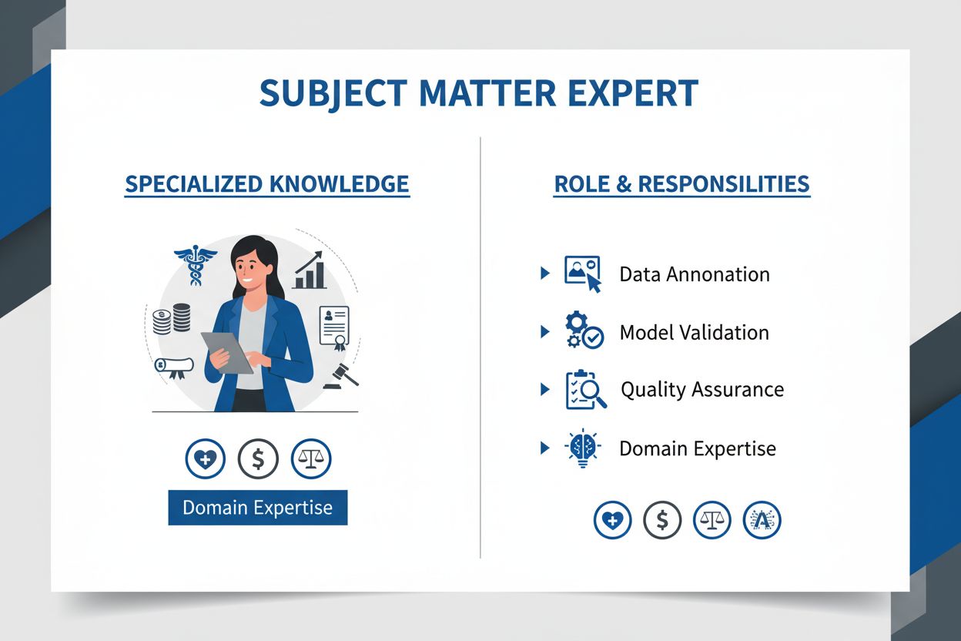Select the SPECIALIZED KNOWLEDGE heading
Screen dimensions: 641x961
click(x=266, y=185)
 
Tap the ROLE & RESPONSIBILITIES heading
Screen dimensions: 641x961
click(x=681, y=185)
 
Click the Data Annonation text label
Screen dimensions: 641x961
click(x=694, y=274)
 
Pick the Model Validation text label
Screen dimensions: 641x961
click(x=694, y=333)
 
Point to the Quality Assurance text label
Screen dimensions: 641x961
click(x=701, y=390)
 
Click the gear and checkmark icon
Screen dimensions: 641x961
click(x=584, y=331)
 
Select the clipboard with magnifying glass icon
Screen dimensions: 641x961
click(x=584, y=390)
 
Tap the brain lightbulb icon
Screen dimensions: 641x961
click(x=583, y=448)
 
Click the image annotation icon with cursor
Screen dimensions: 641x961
click(x=583, y=274)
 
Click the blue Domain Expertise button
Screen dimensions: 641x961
click(x=257, y=508)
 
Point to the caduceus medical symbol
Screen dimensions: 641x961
click(x=190, y=264)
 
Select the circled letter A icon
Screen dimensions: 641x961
click(x=762, y=521)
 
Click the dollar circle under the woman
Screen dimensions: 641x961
click(x=258, y=459)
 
